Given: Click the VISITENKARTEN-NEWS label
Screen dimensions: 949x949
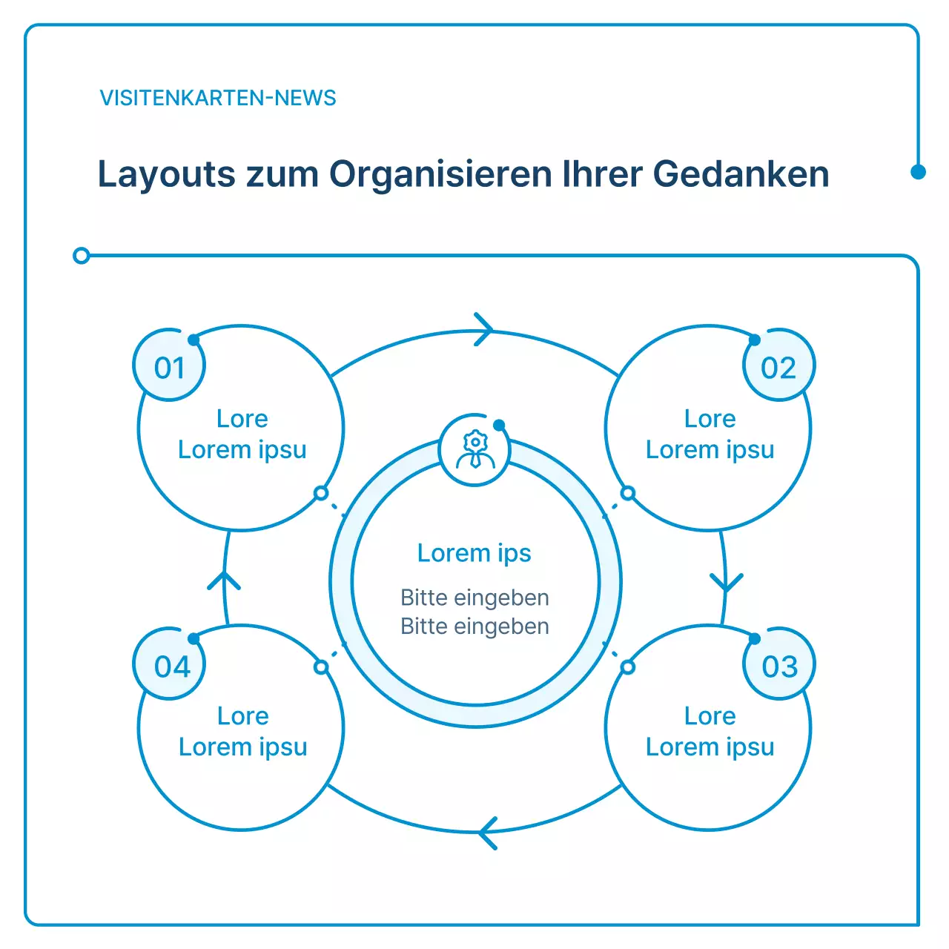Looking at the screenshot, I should coord(218,98).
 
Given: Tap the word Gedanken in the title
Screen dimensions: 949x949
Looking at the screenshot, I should coord(741,175).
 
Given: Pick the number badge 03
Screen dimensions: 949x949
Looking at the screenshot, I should coord(779,667).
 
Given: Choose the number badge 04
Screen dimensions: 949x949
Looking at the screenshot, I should coord(172,667).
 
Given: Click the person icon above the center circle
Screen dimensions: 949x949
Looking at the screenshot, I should coord(474,450).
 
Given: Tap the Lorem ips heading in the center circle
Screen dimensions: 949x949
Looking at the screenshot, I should coord(474,553).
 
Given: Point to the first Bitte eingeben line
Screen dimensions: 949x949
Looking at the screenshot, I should coord(474,598).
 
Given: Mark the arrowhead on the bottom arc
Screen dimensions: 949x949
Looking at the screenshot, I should coord(486,833).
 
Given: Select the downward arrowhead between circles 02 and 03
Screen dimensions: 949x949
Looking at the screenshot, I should coord(726,582).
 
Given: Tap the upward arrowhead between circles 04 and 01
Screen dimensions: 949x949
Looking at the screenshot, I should coord(224,581).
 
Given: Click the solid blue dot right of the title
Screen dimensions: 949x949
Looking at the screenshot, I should coord(918,172).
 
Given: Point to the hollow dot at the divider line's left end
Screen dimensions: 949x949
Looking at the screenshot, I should coord(82,256).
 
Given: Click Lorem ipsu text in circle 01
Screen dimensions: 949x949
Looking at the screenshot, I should coord(242,450).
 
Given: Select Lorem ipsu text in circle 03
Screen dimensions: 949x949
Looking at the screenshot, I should coord(710,747).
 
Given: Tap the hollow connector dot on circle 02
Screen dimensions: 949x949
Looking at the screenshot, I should coord(628,493).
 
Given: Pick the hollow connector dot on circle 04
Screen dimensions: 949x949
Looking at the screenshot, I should coord(321,667).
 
